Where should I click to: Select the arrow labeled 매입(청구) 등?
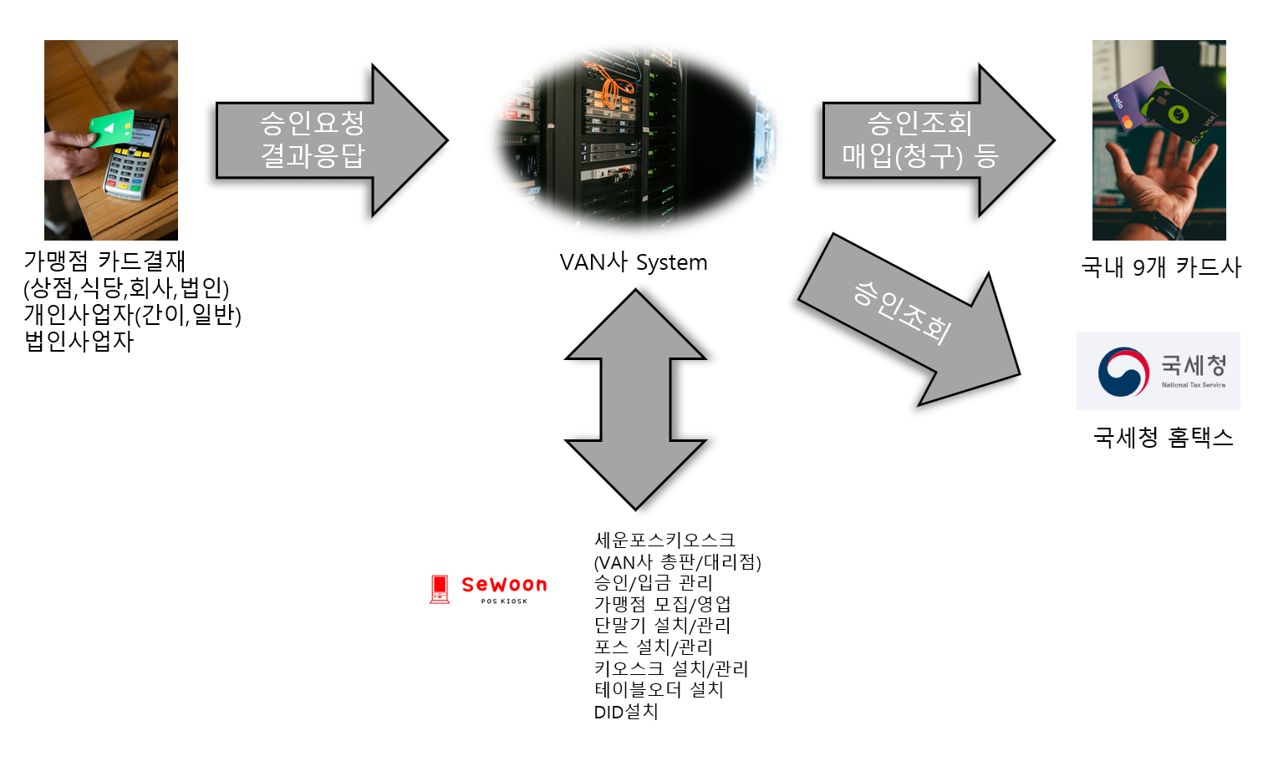point(919,140)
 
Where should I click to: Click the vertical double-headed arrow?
point(635,399)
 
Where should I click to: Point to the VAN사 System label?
point(634,262)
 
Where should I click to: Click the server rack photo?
point(635,138)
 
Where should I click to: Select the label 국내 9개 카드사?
point(1161,267)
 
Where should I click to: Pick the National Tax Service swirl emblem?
point(1123,372)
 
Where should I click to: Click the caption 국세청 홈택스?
point(1163,438)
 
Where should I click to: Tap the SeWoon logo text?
point(504,585)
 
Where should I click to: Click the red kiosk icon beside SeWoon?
point(440,589)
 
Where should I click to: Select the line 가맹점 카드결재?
point(104,261)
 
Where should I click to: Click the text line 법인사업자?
point(79,341)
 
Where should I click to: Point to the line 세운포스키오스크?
point(664,540)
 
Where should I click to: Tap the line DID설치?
point(626,712)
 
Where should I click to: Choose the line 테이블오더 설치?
point(659,690)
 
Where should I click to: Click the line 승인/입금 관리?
point(653,582)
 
